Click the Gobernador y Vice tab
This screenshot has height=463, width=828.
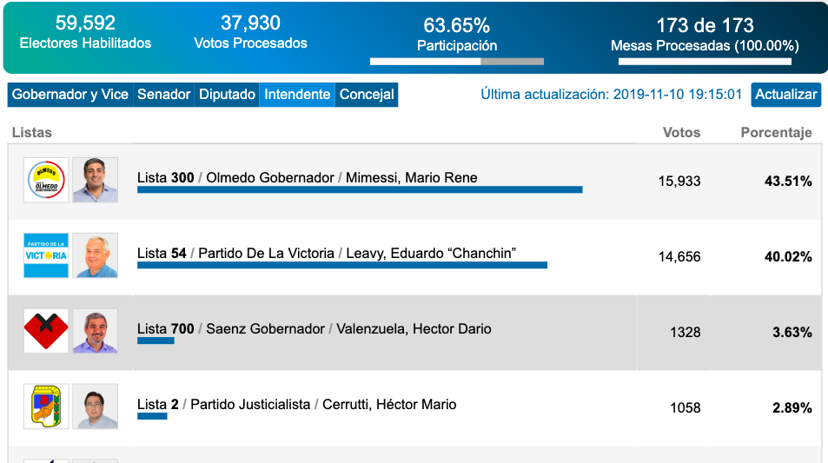click(x=70, y=95)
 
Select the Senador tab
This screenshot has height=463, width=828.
click(x=164, y=95)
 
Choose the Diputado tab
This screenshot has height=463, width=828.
click(x=227, y=95)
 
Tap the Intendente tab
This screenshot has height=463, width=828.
click(x=297, y=95)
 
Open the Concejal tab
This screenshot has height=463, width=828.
click(x=367, y=95)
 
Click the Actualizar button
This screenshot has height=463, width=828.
click(x=785, y=95)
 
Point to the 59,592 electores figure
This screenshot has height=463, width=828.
click(x=85, y=23)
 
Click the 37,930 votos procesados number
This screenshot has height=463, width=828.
click(x=250, y=23)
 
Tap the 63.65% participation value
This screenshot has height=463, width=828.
click(x=457, y=26)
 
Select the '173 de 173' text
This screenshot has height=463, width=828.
click(x=705, y=26)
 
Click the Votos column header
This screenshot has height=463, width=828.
click(x=681, y=133)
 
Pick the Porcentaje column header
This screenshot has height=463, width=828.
click(x=776, y=133)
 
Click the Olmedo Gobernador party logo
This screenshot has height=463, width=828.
click(x=45, y=180)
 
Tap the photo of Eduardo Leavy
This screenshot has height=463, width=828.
click(x=95, y=255)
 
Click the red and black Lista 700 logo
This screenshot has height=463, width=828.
click(x=45, y=331)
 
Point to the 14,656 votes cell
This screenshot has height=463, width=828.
click(x=679, y=257)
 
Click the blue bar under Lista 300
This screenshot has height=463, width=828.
click(x=360, y=189)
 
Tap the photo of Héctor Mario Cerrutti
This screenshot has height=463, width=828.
click(x=95, y=407)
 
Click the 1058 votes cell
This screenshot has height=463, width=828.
click(x=685, y=408)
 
